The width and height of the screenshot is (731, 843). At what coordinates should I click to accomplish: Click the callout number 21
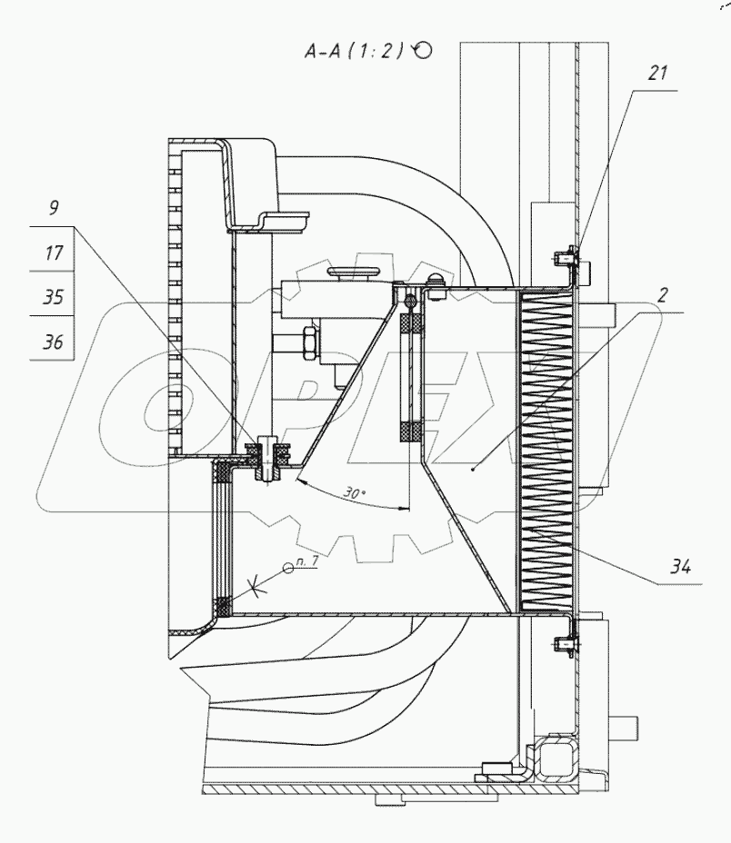click(x=657, y=73)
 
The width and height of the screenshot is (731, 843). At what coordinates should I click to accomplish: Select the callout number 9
click(x=54, y=207)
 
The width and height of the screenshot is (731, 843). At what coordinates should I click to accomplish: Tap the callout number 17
click(x=54, y=253)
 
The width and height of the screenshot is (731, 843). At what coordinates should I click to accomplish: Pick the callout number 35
click(x=53, y=297)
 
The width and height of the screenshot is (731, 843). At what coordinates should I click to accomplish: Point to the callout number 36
click(x=53, y=342)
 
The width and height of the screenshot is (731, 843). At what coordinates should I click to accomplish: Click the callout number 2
click(x=662, y=294)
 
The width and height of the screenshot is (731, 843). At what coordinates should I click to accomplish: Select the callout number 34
click(x=680, y=566)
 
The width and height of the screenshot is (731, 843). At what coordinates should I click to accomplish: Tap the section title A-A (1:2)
click(x=354, y=51)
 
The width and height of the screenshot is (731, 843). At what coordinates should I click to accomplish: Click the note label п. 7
click(x=307, y=560)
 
